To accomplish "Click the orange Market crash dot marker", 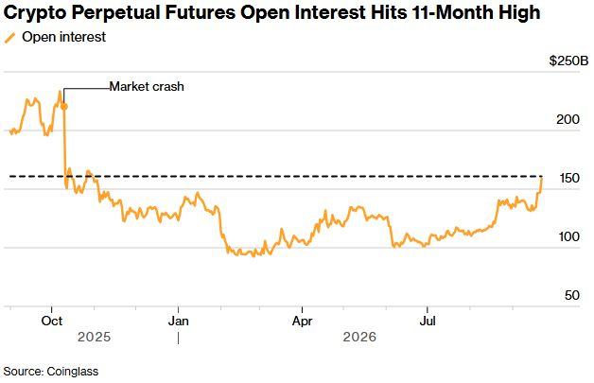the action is [64, 107].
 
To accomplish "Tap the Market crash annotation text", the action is [147, 87].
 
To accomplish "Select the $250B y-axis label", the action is [569, 61].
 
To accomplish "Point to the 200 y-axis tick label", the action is [568, 119].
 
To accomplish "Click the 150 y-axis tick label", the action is [569, 178].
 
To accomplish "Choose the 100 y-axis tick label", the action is [569, 236].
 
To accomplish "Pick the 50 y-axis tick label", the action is [572, 295].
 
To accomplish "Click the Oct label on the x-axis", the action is [52, 322].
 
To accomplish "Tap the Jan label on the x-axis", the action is [179, 322].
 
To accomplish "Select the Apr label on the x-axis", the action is [303, 322].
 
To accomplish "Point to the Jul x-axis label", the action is [428, 322].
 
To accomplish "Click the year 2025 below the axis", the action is [94, 337].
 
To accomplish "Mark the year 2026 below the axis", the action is [359, 337].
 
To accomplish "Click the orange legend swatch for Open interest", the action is [9, 38].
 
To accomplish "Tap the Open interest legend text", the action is [64, 37].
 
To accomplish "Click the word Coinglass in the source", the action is [73, 372].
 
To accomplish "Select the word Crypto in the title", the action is [35, 13].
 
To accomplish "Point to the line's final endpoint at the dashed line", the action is [541, 177].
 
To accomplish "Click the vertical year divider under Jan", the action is [179, 338].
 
